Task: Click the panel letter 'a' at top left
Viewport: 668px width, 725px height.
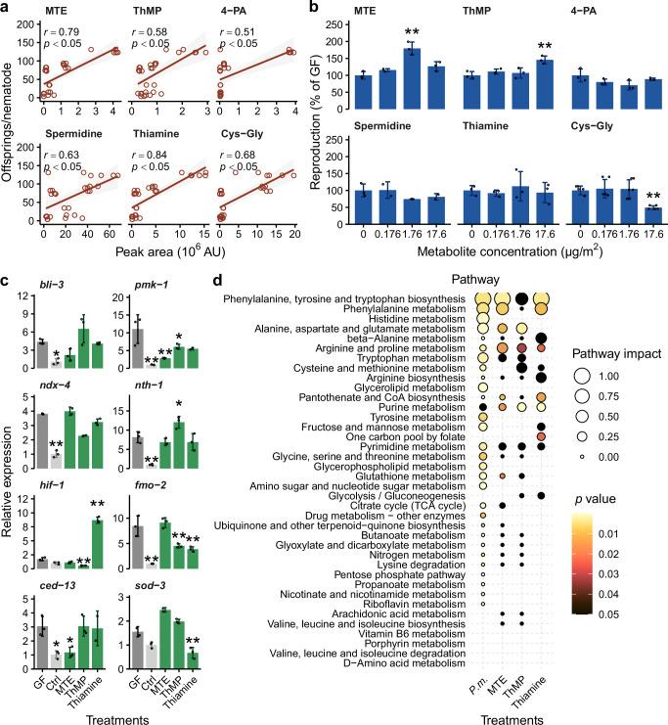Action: (x=7, y=8)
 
